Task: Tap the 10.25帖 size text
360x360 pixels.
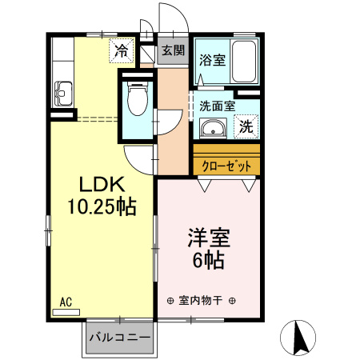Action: [102, 206]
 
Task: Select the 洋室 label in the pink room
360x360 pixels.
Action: [210, 238]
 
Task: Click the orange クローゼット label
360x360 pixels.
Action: [226, 166]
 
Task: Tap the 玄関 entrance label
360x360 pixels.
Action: [172, 50]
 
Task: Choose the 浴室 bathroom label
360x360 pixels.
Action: [212, 59]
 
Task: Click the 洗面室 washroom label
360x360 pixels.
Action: [217, 105]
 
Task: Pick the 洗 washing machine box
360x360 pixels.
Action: [246, 126]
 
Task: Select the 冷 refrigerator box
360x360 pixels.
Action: [121, 51]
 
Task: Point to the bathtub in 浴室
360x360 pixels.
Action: [246, 61]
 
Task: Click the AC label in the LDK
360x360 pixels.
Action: [66, 302]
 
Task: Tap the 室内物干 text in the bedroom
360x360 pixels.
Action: [200, 301]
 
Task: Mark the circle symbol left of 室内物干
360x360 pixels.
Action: [170, 301]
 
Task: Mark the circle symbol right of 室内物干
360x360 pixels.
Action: [231, 301]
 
